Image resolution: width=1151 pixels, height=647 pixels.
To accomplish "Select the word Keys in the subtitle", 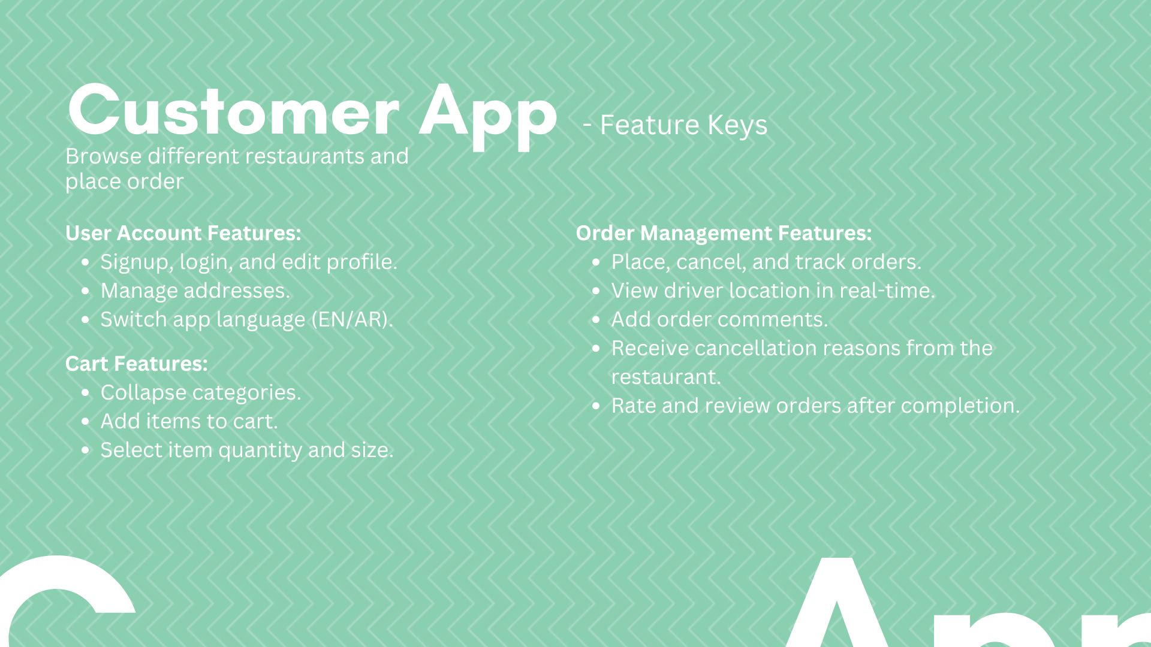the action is (737, 126).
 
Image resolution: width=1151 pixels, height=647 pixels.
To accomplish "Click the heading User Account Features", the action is (183, 233).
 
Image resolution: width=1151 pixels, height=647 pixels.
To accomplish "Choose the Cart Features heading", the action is (137, 364).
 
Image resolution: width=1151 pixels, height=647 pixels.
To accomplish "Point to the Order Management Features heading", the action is (724, 234).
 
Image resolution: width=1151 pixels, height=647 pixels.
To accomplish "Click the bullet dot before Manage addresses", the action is (86, 291).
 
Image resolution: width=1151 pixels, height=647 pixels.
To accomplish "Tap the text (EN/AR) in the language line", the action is (352, 320).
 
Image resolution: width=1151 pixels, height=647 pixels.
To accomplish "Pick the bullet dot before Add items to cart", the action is (86, 422).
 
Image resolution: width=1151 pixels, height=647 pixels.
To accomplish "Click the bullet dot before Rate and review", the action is (596, 406).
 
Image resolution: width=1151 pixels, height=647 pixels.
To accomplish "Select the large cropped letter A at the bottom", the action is (836, 602).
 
